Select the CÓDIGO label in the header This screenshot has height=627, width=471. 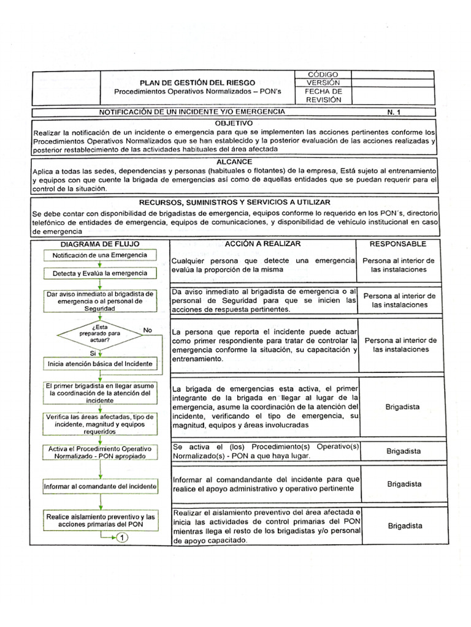(323, 74)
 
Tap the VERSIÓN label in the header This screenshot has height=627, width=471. (323, 83)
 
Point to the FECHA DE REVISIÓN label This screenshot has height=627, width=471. (323, 96)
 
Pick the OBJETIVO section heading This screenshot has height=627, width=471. (234, 123)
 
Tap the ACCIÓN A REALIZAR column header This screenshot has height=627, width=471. (262, 244)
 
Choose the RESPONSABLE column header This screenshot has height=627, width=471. (398, 244)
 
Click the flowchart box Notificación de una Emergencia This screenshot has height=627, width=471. (100, 255)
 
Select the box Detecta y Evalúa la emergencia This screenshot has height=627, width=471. (100, 272)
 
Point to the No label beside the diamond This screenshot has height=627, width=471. (147, 330)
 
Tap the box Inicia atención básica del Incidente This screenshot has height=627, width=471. (100, 364)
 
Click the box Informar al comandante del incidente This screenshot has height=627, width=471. (100, 487)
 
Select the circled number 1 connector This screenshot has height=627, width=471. (121, 538)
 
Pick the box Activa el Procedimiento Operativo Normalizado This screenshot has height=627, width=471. (100, 452)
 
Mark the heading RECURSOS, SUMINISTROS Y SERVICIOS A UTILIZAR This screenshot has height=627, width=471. (234, 201)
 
